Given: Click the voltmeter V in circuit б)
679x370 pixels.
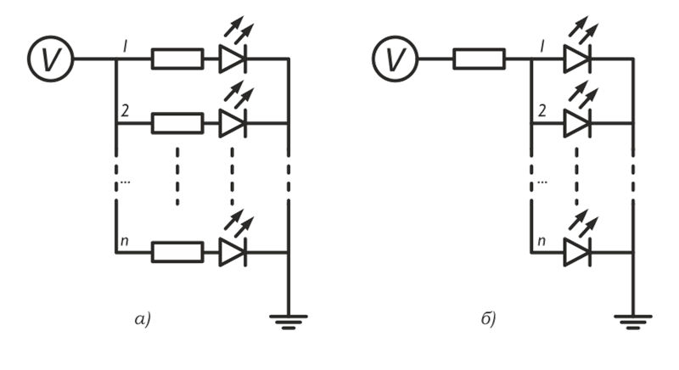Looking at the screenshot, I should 391,58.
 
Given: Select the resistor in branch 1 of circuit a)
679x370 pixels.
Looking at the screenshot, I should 177,59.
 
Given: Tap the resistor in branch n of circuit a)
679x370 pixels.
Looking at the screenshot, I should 177,251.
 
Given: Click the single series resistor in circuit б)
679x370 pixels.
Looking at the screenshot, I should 480,59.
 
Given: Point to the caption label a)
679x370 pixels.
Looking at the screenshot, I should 142,320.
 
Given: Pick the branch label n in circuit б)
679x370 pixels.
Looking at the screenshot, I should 541,243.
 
